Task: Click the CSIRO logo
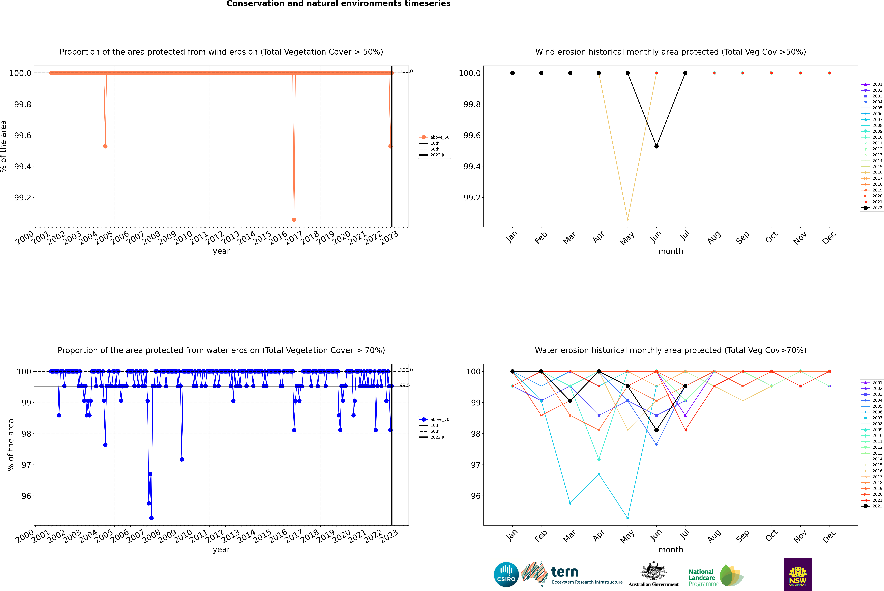pyautogui.click(x=506, y=574)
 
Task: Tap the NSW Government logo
pyautogui.click(x=798, y=574)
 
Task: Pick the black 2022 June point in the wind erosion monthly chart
pyautogui.click(x=656, y=146)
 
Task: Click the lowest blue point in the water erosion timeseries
pyautogui.click(x=151, y=518)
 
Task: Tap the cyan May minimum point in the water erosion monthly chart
pyautogui.click(x=627, y=518)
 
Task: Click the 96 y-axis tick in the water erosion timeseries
pyautogui.click(x=26, y=496)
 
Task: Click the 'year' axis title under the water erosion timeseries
pyautogui.click(x=221, y=550)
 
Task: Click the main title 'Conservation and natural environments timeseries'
pyautogui.click(x=338, y=4)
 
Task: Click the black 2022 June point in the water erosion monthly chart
pyautogui.click(x=656, y=430)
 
